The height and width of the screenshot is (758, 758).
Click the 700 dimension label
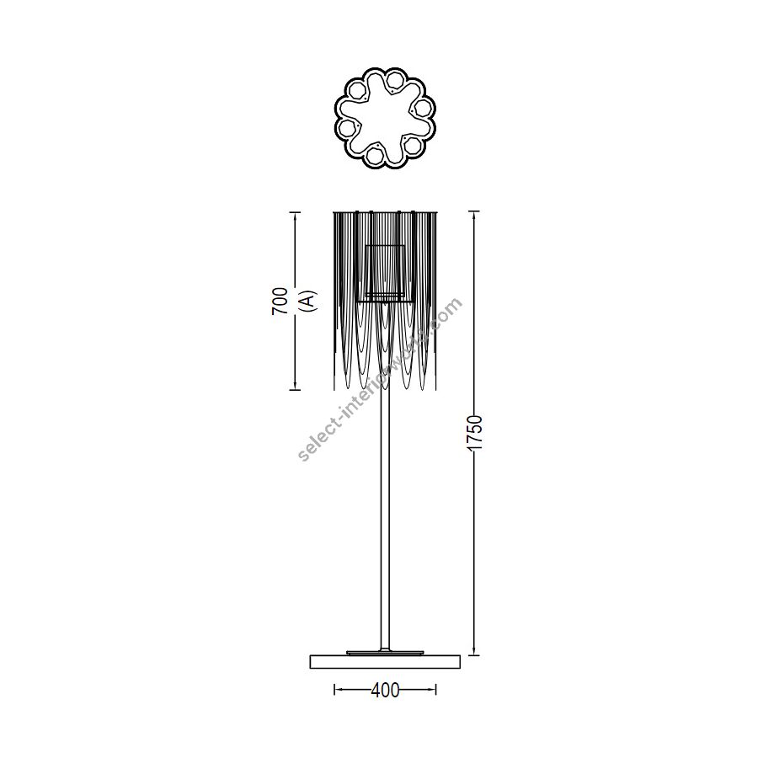coord(280,301)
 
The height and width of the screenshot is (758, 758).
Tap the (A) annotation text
coord(307,301)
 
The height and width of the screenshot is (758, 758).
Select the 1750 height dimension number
coord(476,432)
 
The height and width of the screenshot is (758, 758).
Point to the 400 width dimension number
coord(385,691)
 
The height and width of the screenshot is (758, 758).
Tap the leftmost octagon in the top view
coord(346,128)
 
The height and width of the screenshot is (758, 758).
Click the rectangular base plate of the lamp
coord(385,662)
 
